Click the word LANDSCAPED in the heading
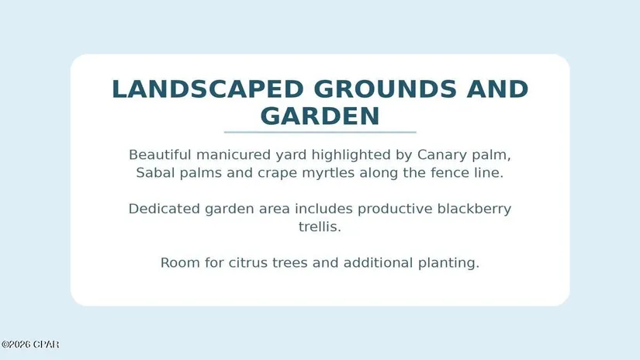(208, 89)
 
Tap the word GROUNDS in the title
(385, 89)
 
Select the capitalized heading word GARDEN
(320, 116)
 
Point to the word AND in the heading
(497, 89)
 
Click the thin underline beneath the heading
(320, 132)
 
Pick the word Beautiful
(160, 154)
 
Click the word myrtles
(328, 174)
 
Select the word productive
(395, 209)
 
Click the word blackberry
(474, 209)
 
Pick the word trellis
(320, 227)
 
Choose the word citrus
(247, 262)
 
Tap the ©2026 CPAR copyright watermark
(30, 344)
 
